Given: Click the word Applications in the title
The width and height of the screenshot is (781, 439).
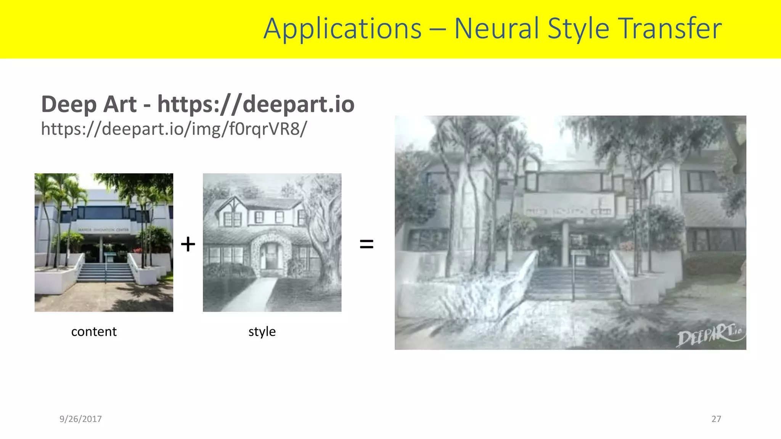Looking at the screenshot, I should (x=342, y=29).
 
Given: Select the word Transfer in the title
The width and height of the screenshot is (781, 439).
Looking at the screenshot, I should (x=670, y=29).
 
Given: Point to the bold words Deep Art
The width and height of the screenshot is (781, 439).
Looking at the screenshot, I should (x=89, y=104).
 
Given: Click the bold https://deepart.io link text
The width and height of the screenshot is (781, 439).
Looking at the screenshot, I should (x=256, y=104).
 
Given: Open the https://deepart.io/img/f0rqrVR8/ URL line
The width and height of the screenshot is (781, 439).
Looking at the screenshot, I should (x=174, y=129).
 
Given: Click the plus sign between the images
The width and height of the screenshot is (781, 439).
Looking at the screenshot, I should (x=188, y=244).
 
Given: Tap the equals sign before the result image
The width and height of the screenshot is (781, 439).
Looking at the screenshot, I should (x=366, y=244).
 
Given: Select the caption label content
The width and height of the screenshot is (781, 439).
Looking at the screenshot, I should (x=94, y=332).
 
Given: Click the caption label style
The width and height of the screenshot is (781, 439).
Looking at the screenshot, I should (x=262, y=332).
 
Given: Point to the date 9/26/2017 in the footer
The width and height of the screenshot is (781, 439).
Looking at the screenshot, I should (x=80, y=419).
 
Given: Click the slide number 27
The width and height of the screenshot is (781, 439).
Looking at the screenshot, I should (x=716, y=419).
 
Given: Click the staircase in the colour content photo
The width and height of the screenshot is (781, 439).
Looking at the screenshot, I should (x=106, y=272).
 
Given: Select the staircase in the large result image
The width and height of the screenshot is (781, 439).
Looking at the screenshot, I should (x=572, y=284).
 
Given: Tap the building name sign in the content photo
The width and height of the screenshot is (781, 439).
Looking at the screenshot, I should (x=104, y=230).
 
